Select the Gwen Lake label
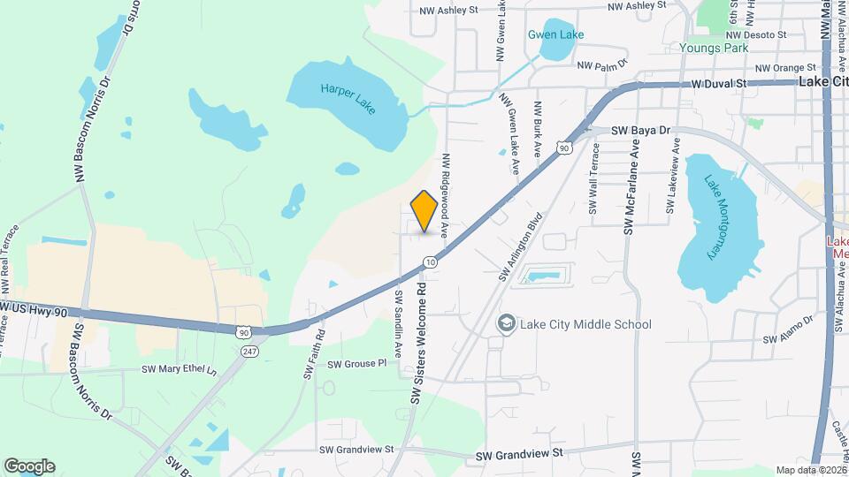point(556,34)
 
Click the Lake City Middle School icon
point(507,324)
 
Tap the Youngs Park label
point(715,48)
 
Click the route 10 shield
point(430,262)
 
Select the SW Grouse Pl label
point(357,363)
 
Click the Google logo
point(29,466)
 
